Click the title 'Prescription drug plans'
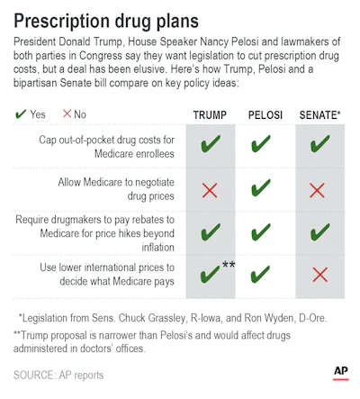coord(106,21)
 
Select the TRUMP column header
coord(210,115)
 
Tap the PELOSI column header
coord(265,115)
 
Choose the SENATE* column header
coord(320,114)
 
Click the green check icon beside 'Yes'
coord(21,113)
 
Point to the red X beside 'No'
coord(67,113)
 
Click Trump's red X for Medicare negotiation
coord(210,190)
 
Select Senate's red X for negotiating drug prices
coord(317,190)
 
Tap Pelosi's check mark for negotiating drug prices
coord(261,187)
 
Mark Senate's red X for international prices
coord(320,275)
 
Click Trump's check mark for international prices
coord(210,274)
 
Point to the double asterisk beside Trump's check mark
coord(229,265)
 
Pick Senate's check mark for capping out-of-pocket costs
coord(320,143)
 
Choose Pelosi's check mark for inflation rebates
coord(261,231)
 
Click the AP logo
coord(341,373)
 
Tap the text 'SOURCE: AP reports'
coord(58,375)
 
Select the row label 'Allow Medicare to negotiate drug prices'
coord(116,189)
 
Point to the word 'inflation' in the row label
coord(157,247)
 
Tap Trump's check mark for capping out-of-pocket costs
coord(211,143)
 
